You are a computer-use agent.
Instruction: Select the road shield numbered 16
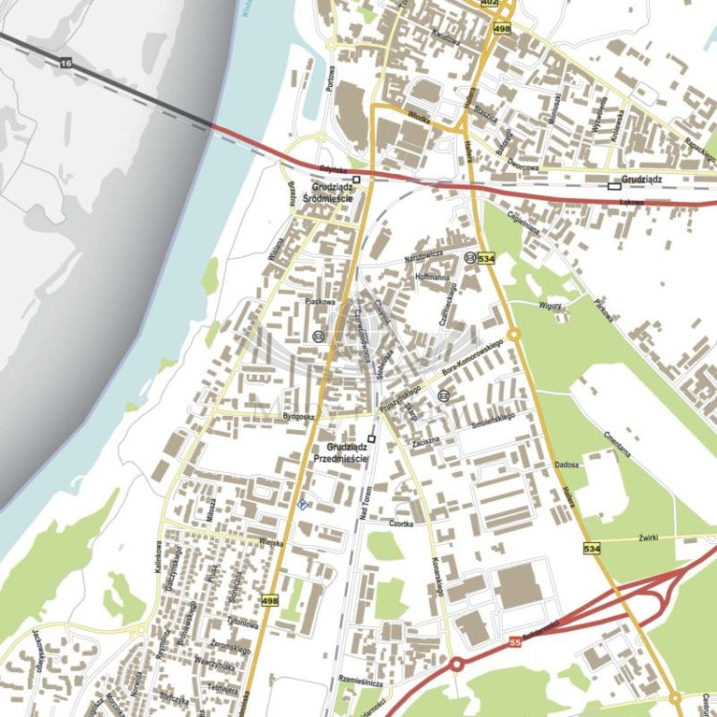(x=64, y=62)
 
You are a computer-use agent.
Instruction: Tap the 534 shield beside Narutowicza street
(x=487, y=258)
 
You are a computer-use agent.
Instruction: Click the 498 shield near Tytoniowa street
(x=270, y=600)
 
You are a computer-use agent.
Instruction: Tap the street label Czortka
(x=401, y=524)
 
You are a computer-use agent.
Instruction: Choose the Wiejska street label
(x=272, y=542)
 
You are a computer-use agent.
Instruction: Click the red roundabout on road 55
(x=457, y=664)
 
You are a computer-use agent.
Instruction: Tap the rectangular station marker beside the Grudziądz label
(x=614, y=186)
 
